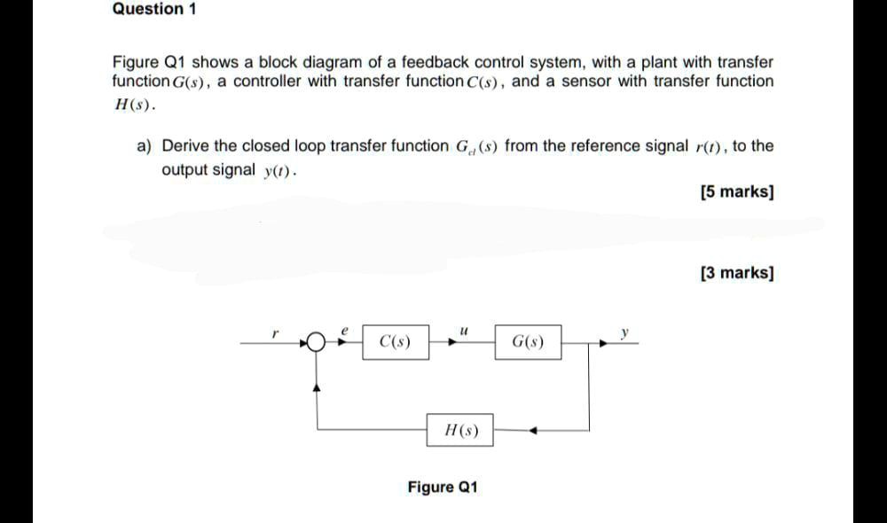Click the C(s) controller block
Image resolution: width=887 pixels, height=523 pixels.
(x=395, y=341)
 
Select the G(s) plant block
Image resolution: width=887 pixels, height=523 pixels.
(x=529, y=341)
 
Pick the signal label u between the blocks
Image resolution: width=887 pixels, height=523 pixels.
(x=462, y=328)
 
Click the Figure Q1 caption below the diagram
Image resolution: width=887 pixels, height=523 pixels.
(x=443, y=488)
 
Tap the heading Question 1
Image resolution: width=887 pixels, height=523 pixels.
(x=155, y=10)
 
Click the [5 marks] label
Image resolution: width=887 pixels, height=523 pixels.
(x=736, y=191)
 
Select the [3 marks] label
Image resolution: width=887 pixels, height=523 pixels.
(x=736, y=273)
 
